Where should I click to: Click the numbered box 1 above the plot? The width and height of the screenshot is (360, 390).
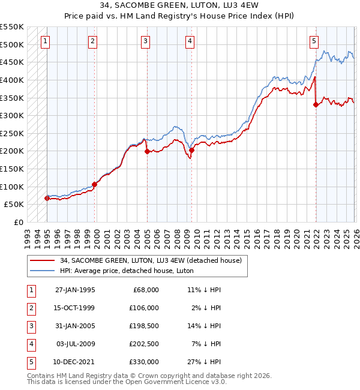pyautogui.click(x=46, y=41)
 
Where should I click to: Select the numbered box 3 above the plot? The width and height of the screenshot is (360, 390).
pyautogui.click(x=146, y=41)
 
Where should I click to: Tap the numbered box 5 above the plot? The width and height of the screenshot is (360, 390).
pyautogui.click(x=314, y=41)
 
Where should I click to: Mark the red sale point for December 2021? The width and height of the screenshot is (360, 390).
pyautogui.click(x=316, y=104)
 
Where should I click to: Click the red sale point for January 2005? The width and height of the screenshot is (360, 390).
pyautogui.click(x=147, y=152)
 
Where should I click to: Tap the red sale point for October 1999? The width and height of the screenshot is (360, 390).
pyautogui.click(x=94, y=184)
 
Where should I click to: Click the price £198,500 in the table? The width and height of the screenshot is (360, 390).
pyautogui.click(x=143, y=326)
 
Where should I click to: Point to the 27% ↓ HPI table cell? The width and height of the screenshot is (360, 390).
pyautogui.click(x=204, y=362)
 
